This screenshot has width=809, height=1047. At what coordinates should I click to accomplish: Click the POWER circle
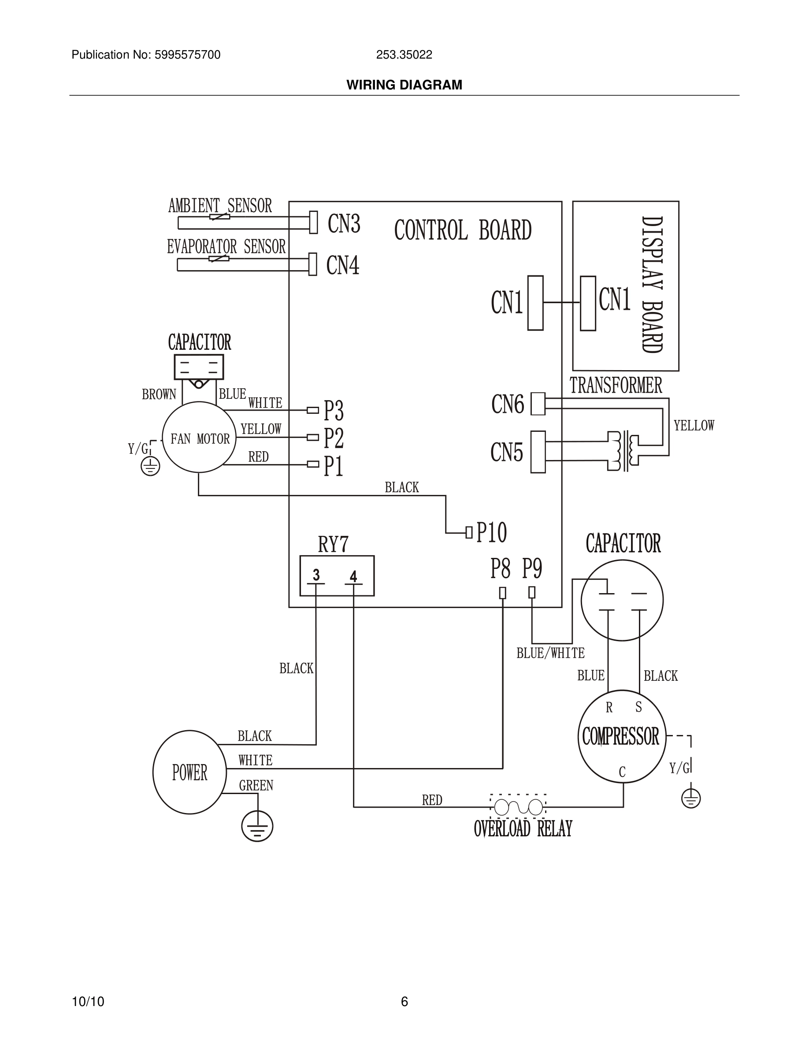189,772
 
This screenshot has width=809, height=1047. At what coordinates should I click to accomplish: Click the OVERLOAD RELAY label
523,829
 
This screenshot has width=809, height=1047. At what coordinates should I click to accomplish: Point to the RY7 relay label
333,544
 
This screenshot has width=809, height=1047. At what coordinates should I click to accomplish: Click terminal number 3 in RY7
316,575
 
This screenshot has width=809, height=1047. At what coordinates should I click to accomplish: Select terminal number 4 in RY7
353,576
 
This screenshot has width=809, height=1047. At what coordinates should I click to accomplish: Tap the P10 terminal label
491,532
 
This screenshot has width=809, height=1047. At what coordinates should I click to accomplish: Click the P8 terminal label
501,568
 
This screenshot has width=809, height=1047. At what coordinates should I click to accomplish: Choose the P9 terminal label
532,568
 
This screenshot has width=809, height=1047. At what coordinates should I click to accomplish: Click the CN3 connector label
344,223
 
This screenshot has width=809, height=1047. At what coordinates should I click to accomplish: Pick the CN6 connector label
508,404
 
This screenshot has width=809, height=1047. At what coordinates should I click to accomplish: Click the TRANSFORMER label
616,386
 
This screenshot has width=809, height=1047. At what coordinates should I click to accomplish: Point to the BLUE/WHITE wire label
550,653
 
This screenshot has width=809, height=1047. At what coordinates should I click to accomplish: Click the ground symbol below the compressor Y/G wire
690,798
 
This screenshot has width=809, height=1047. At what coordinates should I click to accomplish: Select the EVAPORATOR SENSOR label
226,247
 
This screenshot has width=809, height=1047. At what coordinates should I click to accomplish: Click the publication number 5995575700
187,55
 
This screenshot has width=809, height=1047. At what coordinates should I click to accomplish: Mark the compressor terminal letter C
622,772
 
